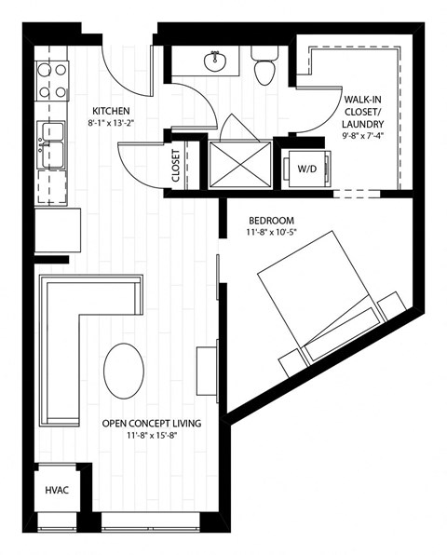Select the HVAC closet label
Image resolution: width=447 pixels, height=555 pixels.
coord(55,490)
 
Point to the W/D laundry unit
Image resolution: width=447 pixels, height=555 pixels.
coord(306,169)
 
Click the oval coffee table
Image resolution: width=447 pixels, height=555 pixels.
coord(124,370)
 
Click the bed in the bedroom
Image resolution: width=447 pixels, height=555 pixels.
coord(321,303)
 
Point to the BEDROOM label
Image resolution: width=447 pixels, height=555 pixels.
coord(270,220)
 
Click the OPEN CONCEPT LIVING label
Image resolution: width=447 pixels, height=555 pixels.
coord(152,423)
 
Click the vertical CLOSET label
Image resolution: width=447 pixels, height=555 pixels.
coord(176,166)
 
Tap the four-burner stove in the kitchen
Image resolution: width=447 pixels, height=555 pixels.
coord(52,81)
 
